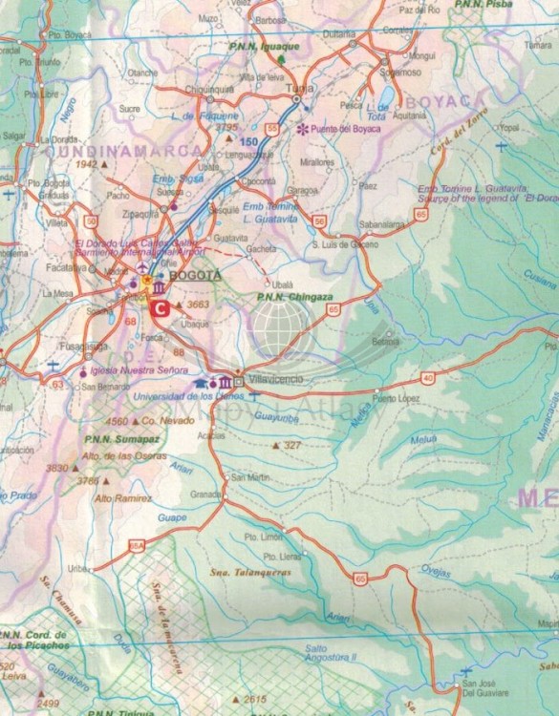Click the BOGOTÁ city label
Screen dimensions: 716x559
[194, 275]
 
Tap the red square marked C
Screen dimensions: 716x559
[161, 307]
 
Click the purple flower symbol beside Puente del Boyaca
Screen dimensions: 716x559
[304, 128]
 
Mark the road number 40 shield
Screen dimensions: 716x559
[427, 378]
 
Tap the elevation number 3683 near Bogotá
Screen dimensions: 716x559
[198, 305]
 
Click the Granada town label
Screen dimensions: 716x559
[205, 495]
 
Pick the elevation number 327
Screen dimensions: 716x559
[292, 445]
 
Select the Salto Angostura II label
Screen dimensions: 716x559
[330, 652]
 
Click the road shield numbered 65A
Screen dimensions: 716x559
[136, 545]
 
